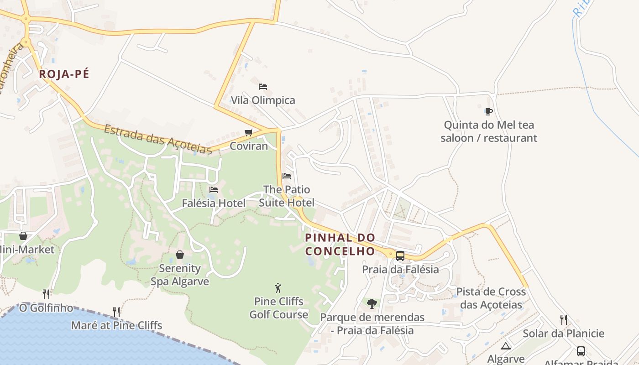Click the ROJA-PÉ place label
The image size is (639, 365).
point(64,74)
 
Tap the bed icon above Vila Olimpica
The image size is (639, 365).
point(262,86)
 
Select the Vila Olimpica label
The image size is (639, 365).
point(263,100)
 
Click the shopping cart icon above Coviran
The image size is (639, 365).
point(248,132)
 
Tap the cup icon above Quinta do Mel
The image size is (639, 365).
point(488,111)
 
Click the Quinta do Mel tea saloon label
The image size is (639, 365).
point(489,131)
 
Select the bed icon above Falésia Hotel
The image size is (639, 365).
point(213,189)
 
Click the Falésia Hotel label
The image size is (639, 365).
point(214,203)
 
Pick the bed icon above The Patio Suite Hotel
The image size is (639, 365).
point(287,176)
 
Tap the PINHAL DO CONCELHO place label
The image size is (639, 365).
point(340,244)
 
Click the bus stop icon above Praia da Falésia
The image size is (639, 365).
point(400,255)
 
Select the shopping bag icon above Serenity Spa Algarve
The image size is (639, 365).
point(180,254)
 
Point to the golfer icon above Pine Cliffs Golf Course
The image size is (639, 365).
point(278,288)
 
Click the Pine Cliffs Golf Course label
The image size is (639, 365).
point(278,308)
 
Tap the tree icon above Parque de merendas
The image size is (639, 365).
point(372,303)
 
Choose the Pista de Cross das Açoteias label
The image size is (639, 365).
point(491,298)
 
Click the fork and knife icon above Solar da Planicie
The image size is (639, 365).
point(564,319)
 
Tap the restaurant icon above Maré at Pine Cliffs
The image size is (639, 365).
point(116,312)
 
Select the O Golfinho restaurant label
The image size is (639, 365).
point(46,308)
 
